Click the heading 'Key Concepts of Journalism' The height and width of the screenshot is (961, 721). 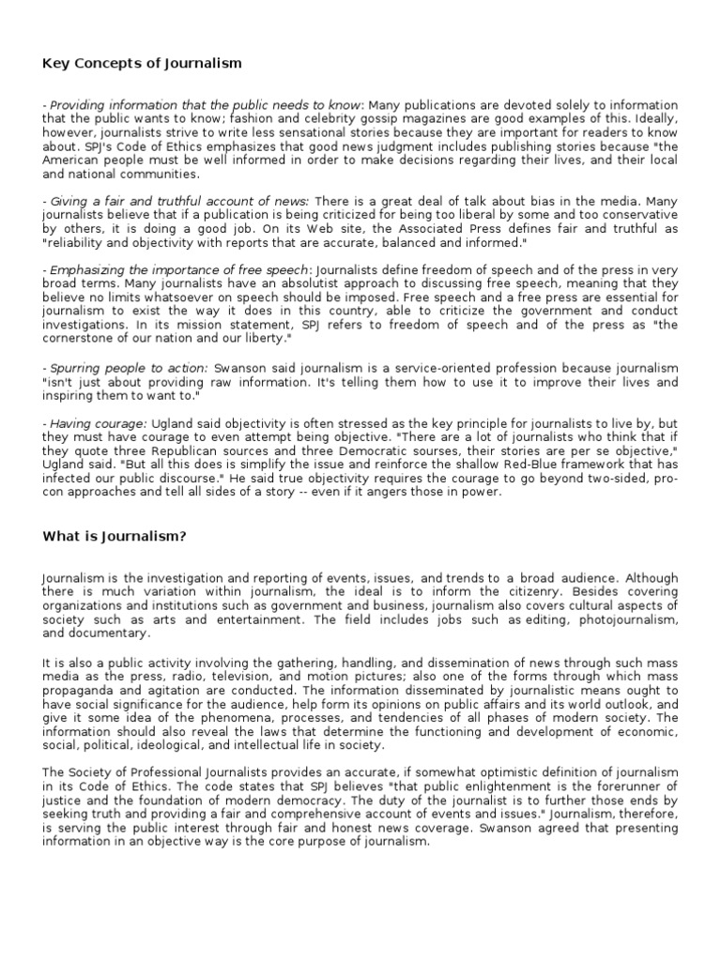coord(142,64)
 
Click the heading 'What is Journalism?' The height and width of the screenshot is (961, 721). coord(115,536)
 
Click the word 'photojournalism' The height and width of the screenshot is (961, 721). coord(559,620)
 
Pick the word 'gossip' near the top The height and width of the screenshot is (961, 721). coord(342,119)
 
